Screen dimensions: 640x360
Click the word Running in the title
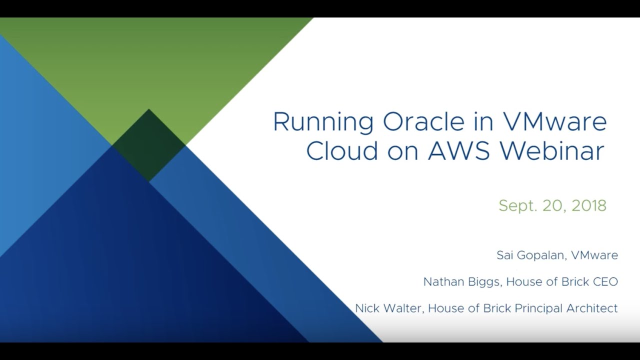point(323,122)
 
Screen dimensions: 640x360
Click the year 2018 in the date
point(589,205)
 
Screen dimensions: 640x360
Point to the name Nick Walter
point(389,308)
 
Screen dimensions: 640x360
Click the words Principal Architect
point(566,309)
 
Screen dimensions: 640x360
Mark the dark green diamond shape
point(148,145)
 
